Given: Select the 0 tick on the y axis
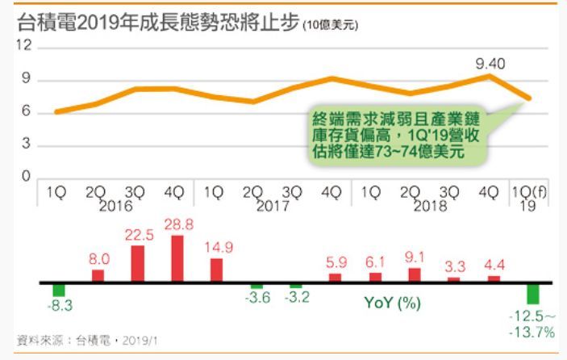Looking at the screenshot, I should pyautogui.click(x=26, y=177).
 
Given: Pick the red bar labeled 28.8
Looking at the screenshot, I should pyautogui.click(x=177, y=258).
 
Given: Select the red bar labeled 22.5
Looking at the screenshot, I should pyautogui.click(x=137, y=264).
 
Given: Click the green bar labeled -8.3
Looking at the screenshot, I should pyautogui.click(x=58, y=290).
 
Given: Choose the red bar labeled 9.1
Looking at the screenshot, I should pyautogui.click(x=414, y=275).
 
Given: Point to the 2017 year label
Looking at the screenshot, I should pyautogui.click(x=273, y=207).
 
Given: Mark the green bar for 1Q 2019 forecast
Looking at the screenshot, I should pyautogui.click(x=532, y=293).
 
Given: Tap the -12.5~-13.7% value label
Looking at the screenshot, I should pyautogui.click(x=532, y=322).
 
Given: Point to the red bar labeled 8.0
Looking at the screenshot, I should pyautogui.click(x=98, y=275).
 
